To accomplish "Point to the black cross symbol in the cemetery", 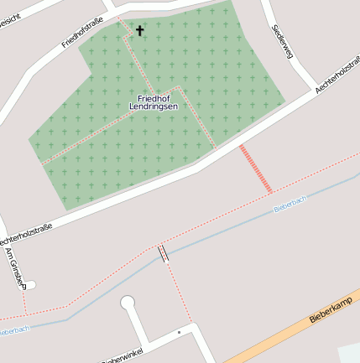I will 139,31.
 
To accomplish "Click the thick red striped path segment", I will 256,169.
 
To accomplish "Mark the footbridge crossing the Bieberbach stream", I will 164,253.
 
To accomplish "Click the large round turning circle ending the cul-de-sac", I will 128,303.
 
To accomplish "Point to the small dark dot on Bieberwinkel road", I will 179,333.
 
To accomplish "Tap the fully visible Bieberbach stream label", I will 290,203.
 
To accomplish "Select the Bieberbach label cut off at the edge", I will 14,330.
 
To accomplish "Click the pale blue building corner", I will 349,353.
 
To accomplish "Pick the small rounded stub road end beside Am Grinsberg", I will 32,284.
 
